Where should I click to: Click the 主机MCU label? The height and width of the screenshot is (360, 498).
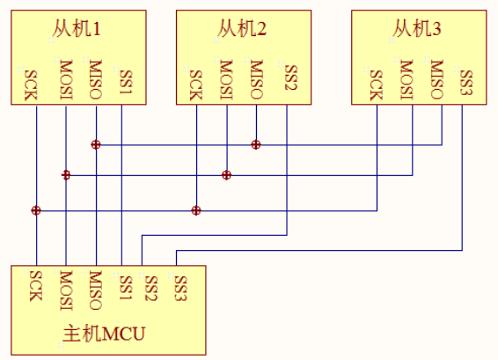pyautogui.click(x=105, y=335)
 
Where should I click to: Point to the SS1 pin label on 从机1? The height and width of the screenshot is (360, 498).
pyautogui.click(x=124, y=83)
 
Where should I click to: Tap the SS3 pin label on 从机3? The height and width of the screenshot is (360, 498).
pyautogui.click(x=465, y=83)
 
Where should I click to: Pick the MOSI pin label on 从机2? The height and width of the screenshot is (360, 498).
pyautogui.click(x=227, y=77)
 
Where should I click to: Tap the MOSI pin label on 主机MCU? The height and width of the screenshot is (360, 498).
pyautogui.click(x=65, y=290)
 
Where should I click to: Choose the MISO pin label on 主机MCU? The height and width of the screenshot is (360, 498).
pyautogui.click(x=94, y=290)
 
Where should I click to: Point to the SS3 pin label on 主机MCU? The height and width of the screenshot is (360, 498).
pyautogui.click(x=180, y=287)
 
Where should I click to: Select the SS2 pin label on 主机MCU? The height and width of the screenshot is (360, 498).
pyautogui.click(x=150, y=287)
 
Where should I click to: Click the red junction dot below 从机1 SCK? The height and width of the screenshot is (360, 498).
pyautogui.click(x=36, y=210)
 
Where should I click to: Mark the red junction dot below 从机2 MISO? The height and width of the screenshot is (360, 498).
pyautogui.click(x=256, y=143)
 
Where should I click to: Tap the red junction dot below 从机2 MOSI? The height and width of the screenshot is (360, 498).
pyautogui.click(x=226, y=175)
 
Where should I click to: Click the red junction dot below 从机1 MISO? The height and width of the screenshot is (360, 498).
pyautogui.click(x=95, y=143)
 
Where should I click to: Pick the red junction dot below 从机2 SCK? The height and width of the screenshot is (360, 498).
pyautogui.click(x=196, y=210)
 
